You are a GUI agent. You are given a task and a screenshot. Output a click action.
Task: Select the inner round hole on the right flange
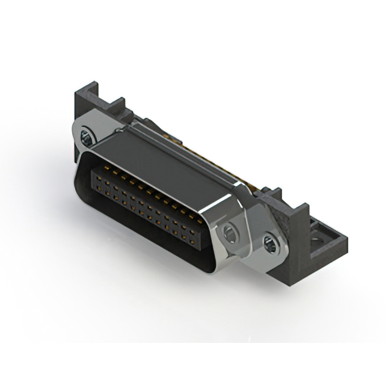pyautogui.click(x=230, y=232)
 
